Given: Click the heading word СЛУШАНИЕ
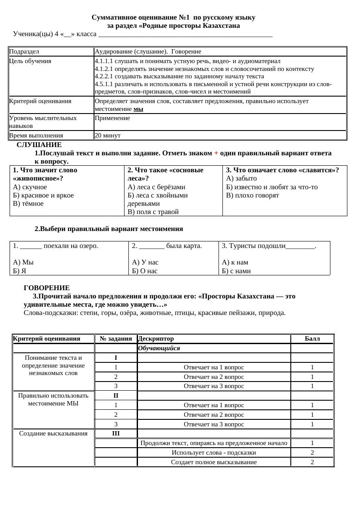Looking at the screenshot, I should tap(39, 145).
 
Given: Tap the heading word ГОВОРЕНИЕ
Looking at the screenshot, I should tap(47, 288).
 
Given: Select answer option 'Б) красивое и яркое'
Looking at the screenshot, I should tap(44, 195).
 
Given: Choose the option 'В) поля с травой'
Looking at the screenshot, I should tap(153, 212).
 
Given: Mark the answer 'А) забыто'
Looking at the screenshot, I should tap(242, 178).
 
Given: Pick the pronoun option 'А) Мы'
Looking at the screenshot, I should tap(24, 262).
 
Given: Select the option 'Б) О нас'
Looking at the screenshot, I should tap(145, 271).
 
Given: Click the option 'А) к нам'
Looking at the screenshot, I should tap(235, 262).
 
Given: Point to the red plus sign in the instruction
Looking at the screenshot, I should tap(216, 153).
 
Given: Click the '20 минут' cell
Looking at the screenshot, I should tap(108, 135).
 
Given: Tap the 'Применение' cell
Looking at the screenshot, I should tap(112, 118).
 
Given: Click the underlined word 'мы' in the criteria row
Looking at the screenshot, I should tap(138, 109).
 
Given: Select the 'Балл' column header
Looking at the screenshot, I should tap(312, 338).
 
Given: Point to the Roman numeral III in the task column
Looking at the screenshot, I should tap(116, 433).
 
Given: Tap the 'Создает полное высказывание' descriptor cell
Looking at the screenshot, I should tap(214, 462).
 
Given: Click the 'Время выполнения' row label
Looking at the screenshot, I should tap(36, 135).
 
